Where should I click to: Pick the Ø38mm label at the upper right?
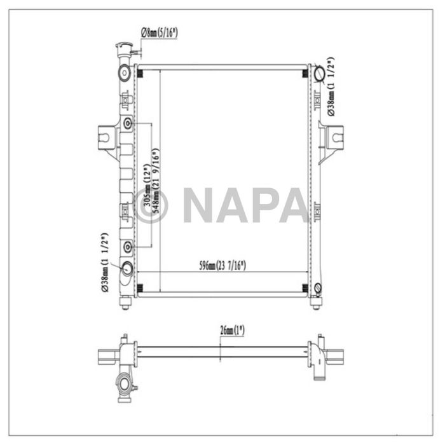[x=332, y=88]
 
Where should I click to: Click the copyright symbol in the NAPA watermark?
[x=151, y=205]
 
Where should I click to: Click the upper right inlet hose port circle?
[x=318, y=74]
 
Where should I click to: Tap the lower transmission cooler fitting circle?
[x=128, y=246]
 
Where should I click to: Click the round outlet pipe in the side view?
[x=124, y=385]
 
